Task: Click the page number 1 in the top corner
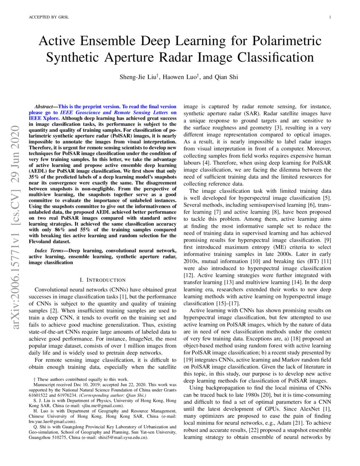329,17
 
